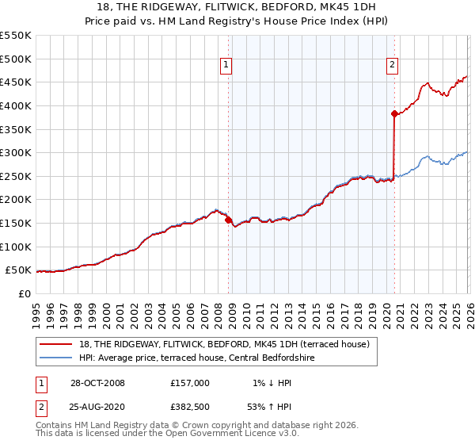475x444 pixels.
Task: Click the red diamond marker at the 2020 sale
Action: coord(394,113)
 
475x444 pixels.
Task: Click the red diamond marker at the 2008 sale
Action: coord(229,220)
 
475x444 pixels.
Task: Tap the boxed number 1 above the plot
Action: coord(226,66)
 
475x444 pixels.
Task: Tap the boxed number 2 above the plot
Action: coord(392,66)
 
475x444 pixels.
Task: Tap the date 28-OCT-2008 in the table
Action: coord(97,383)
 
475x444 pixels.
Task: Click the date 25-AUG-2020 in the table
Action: coord(97,408)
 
